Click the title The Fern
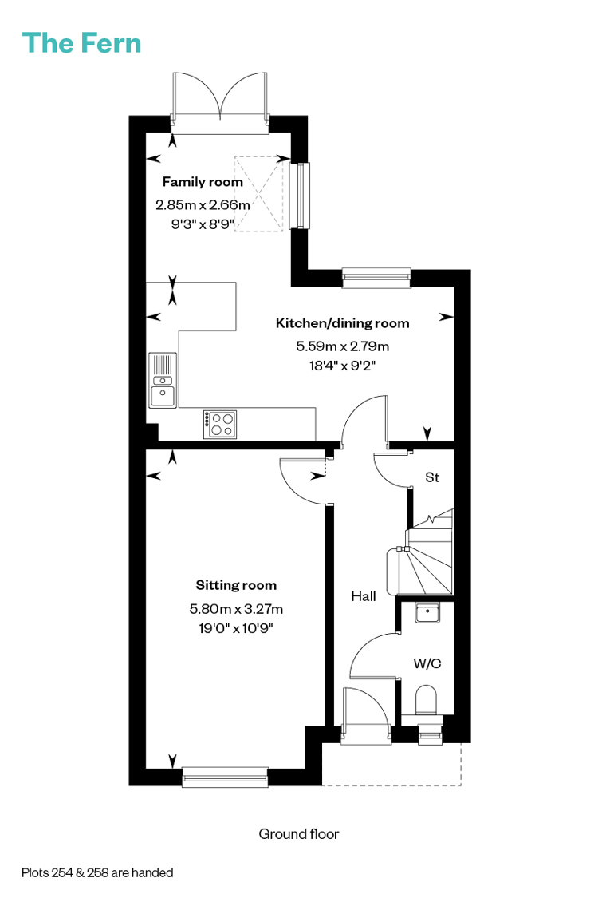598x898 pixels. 81,43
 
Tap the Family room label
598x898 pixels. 203,181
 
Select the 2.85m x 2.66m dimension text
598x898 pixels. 203,204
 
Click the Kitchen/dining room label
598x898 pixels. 342,323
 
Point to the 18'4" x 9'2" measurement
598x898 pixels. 342,366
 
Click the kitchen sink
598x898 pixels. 163,380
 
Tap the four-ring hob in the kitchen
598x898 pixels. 220,425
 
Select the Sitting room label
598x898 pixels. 236,585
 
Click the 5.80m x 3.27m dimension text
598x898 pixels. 236,609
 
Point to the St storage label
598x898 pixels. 432,477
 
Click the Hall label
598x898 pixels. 364,596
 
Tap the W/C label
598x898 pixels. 427,663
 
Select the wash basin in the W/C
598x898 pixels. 427,613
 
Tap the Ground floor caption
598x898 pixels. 299,834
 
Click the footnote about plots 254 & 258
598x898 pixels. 97,872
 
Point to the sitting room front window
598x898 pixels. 225,777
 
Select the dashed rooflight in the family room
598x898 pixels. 258,194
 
